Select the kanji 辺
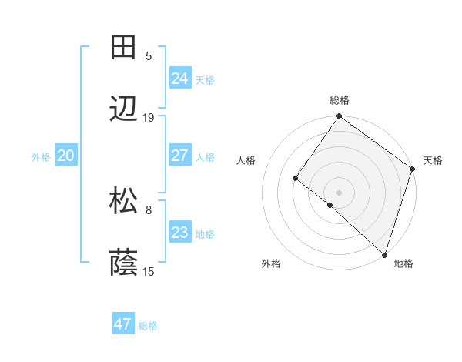(124, 110)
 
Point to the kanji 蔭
(124, 264)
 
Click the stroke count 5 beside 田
(149, 55)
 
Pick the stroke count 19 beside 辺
(149, 118)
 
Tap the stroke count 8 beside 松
(149, 209)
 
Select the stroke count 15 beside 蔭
(149, 272)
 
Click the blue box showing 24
(179, 79)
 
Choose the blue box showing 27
(179, 156)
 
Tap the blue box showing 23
(179, 233)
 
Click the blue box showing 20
(65, 156)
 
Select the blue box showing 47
(122, 324)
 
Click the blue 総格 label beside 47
(148, 326)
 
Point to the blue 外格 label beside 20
(41, 157)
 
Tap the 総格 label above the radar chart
(339, 100)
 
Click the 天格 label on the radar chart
(433, 160)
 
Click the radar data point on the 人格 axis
(295, 178)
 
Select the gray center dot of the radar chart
(339, 192)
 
